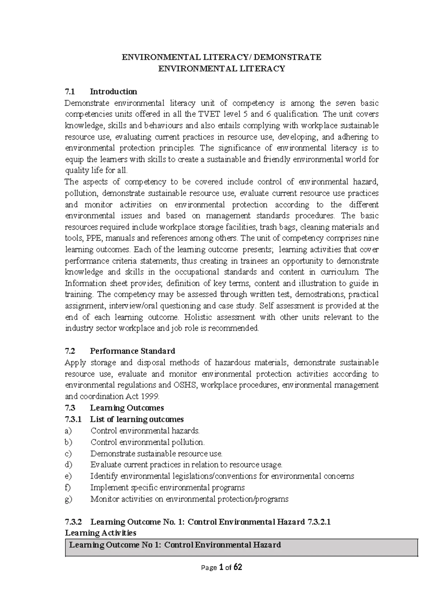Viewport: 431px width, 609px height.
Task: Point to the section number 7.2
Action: [70, 351]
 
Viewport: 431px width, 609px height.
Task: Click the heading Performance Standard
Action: [132, 351]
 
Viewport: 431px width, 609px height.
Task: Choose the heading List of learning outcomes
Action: [136, 419]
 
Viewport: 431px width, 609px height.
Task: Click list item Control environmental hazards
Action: [145, 431]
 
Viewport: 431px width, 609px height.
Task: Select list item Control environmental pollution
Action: [147, 442]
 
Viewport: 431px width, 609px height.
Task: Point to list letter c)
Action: [68, 454]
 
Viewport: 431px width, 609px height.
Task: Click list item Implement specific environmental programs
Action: [167, 488]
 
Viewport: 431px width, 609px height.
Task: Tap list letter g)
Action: [68, 499]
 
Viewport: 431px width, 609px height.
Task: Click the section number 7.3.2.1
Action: [319, 522]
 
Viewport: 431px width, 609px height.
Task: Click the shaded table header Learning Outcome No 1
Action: [175, 545]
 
